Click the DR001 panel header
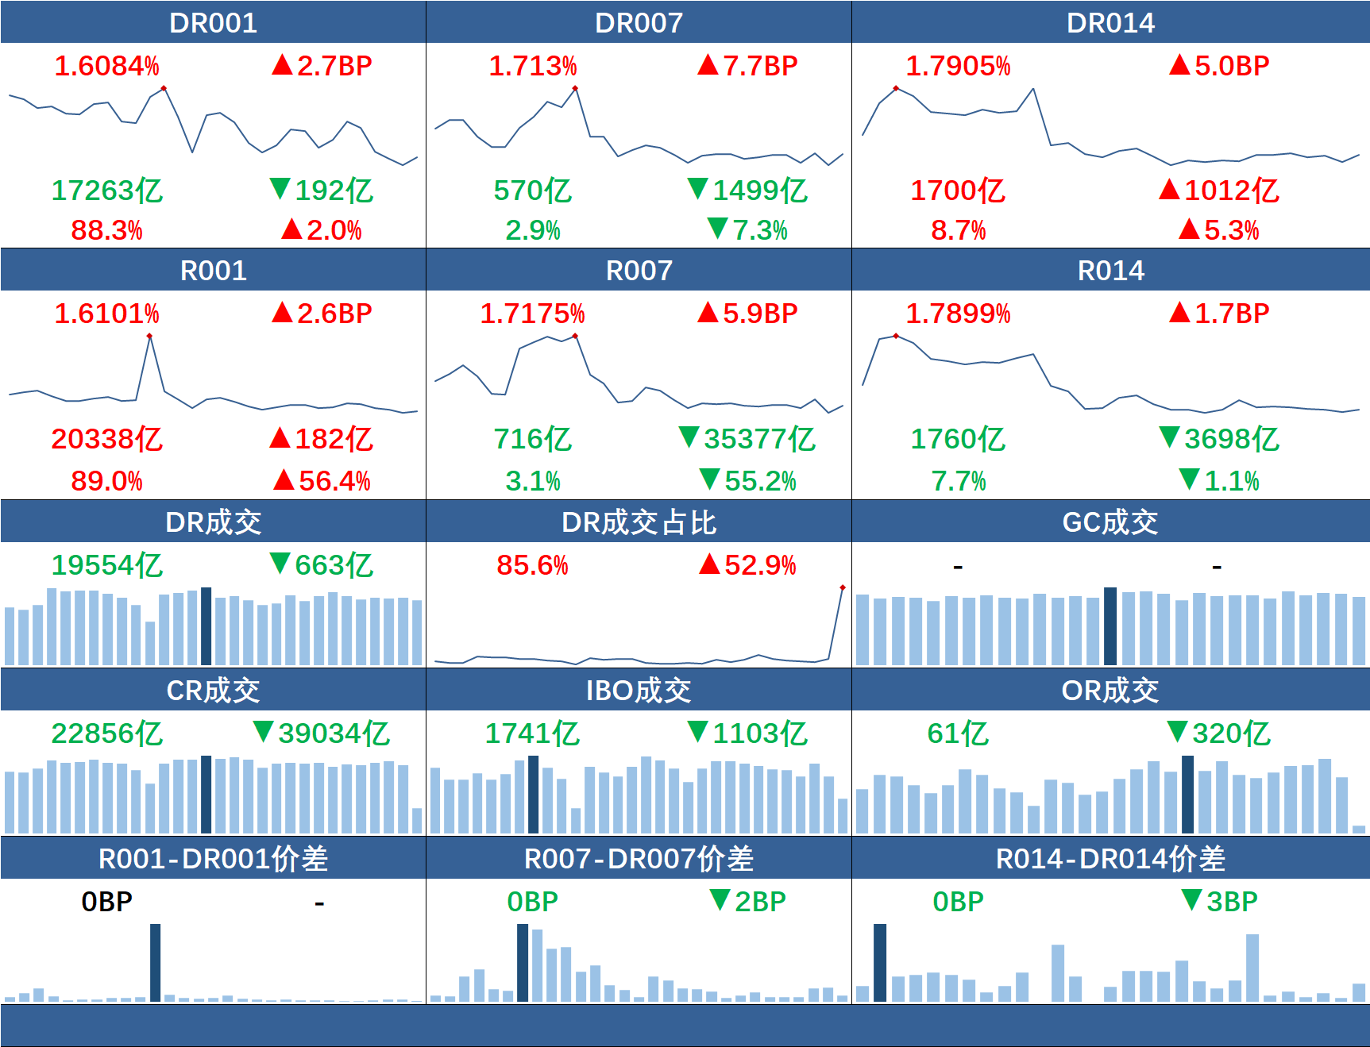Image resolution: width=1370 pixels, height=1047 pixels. click(x=213, y=22)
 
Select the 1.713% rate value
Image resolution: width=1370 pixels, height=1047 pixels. click(x=532, y=66)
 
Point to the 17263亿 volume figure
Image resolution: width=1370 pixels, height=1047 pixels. click(x=106, y=191)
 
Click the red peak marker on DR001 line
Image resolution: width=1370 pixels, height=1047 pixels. click(x=164, y=88)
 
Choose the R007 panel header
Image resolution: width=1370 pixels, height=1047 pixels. click(x=639, y=271)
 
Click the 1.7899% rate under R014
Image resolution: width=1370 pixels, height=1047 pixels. click(x=958, y=314)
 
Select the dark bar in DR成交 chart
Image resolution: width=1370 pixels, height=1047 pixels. click(x=206, y=626)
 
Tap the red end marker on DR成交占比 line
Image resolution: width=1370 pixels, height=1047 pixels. click(x=843, y=588)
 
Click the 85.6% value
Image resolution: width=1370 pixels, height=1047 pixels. click(x=532, y=565)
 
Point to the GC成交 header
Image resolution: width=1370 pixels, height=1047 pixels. click(x=1110, y=522)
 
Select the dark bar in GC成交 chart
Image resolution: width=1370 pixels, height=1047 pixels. click(x=1110, y=626)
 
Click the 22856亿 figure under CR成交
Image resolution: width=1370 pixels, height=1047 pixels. click(x=106, y=733)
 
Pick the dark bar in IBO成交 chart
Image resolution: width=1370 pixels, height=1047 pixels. click(x=534, y=794)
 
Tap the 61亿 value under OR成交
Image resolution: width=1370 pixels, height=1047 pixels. click(x=958, y=733)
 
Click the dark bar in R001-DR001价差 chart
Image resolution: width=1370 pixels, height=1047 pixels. click(x=156, y=962)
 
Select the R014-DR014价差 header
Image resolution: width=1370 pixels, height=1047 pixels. click(x=1110, y=859)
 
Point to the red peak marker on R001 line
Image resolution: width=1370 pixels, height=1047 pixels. click(x=149, y=337)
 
